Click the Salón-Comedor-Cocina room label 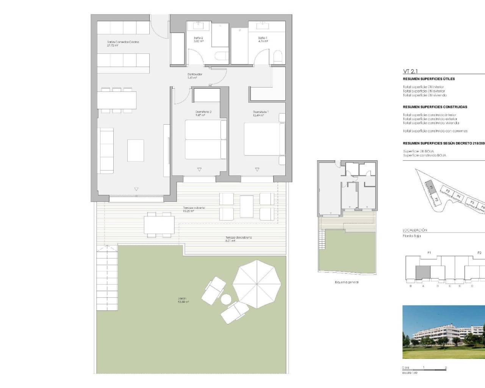pyautogui.click(x=123, y=42)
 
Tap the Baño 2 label pyautogui.click(x=199, y=38)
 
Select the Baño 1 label pyautogui.click(x=263, y=38)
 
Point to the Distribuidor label pyautogui.click(x=195, y=75)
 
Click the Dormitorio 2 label pyautogui.click(x=203, y=112)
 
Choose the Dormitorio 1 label pyautogui.click(x=261, y=112)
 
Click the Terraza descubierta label pyautogui.click(x=238, y=238)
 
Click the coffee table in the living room pyautogui.click(x=135, y=150)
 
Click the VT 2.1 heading pyautogui.click(x=410, y=71)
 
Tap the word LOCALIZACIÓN pyautogui.click(x=415, y=230)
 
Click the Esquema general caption pyautogui.click(x=347, y=282)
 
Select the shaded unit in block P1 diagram pyautogui.click(x=423, y=272)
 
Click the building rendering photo pyautogui.click(x=443, y=332)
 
